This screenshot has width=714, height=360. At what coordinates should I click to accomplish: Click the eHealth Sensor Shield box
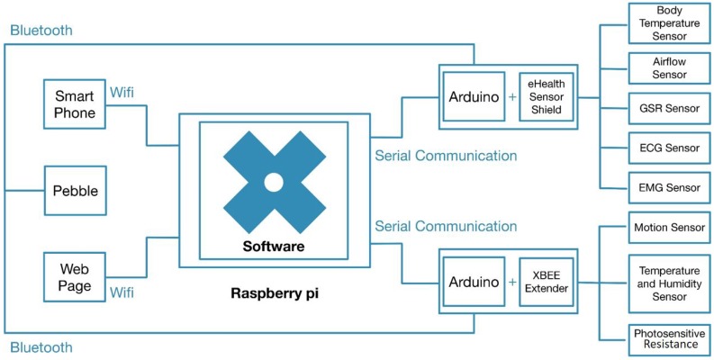546,96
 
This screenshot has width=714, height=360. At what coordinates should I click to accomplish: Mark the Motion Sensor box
666,229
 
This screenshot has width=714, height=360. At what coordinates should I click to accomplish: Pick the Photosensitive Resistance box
666,337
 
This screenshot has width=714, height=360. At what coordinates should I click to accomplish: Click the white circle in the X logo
273,183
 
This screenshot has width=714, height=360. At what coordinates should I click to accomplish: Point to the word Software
273,247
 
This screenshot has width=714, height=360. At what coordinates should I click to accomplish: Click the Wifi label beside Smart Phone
122,91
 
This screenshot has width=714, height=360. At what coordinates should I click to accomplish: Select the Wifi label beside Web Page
122,292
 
